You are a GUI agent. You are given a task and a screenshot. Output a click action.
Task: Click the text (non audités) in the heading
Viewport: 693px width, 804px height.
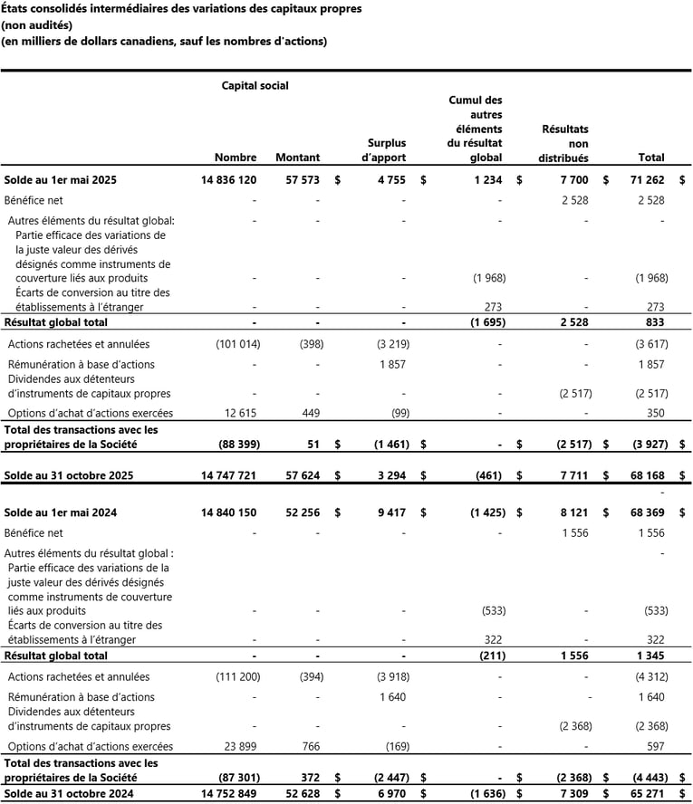tap(36, 25)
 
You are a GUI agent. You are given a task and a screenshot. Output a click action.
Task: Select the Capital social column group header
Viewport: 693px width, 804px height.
tap(255, 85)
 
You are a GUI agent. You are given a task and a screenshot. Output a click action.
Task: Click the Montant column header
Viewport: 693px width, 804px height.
tap(297, 158)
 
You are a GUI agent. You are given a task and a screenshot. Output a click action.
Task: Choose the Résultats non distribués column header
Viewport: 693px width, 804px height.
tap(564, 143)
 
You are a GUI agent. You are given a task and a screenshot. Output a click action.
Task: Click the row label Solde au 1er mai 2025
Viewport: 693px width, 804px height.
tap(60, 180)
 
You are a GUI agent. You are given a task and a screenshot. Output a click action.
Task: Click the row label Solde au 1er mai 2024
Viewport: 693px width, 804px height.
tap(60, 512)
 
